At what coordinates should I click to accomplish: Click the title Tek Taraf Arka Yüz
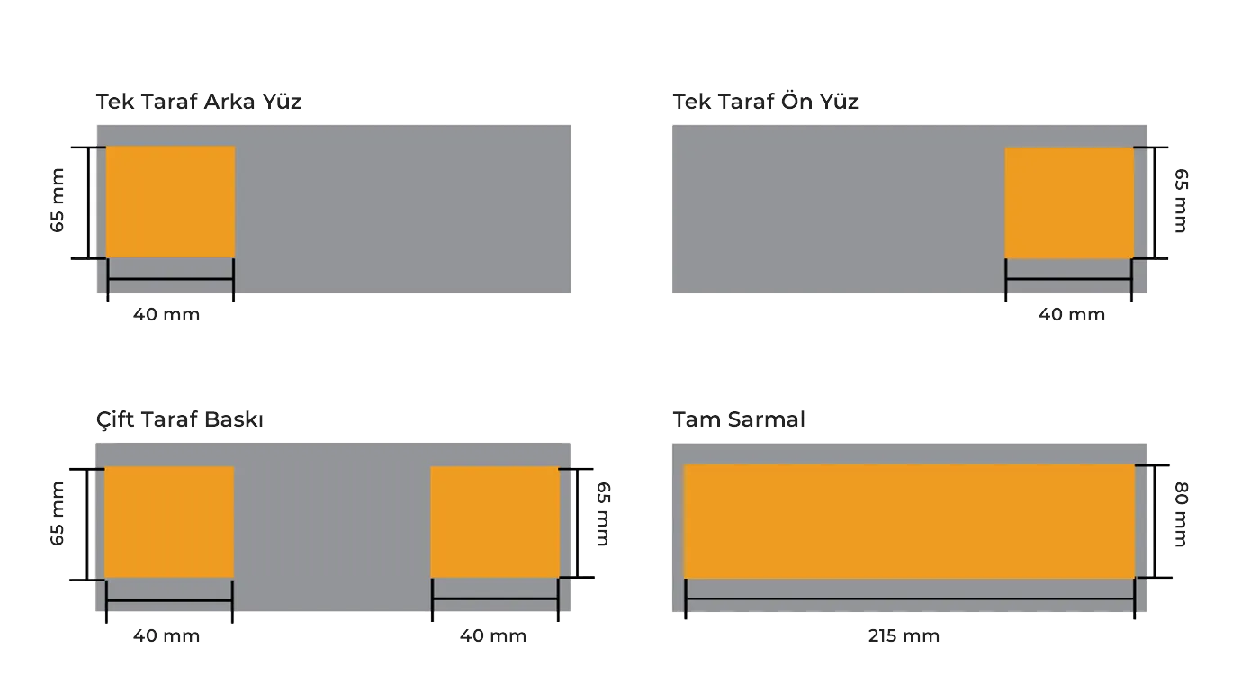(x=198, y=103)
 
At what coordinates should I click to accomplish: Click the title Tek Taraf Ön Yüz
(x=766, y=103)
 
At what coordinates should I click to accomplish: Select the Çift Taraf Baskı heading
(x=180, y=421)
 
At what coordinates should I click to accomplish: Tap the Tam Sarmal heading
(x=739, y=421)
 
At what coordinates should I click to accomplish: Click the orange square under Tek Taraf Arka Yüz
(x=171, y=202)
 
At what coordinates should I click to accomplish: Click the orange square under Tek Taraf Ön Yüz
(x=1068, y=203)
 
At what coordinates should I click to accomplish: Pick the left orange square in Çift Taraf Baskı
(x=169, y=522)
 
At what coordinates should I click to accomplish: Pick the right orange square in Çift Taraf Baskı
(x=495, y=522)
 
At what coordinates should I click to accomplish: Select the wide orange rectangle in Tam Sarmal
(x=909, y=521)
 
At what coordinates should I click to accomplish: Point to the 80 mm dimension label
(x=1181, y=515)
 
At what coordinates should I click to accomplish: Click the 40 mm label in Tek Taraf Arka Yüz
(x=166, y=316)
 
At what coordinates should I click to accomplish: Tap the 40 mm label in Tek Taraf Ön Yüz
(x=1072, y=316)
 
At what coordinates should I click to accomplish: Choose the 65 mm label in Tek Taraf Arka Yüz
(x=58, y=202)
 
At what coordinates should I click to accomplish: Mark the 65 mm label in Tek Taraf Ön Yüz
(x=1181, y=202)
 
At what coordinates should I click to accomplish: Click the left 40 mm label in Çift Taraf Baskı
(x=166, y=637)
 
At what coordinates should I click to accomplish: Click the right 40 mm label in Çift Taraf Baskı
(x=493, y=637)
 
